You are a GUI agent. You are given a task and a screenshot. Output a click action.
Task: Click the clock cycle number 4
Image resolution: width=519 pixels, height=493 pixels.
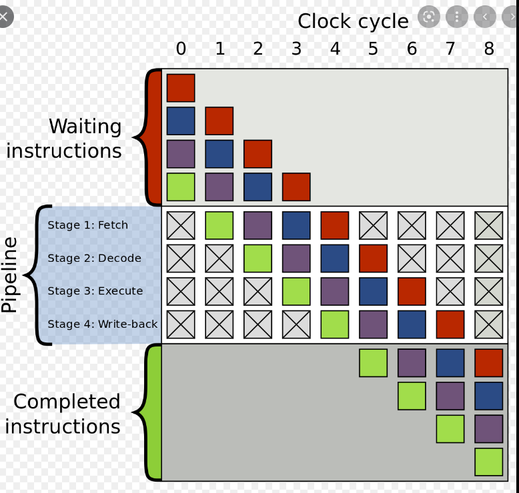[335, 49]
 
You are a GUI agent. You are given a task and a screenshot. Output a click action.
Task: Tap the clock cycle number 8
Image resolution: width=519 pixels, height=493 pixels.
[489, 49]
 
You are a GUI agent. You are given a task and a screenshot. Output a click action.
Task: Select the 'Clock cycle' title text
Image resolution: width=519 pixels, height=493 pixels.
[353, 21]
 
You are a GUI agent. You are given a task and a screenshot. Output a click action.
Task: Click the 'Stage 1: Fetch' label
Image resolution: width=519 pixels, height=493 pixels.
[87, 225]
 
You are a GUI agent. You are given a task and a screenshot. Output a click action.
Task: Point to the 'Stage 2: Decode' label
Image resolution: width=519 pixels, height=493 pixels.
[94, 258]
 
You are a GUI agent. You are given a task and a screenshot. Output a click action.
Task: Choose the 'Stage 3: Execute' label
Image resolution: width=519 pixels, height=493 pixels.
[95, 290]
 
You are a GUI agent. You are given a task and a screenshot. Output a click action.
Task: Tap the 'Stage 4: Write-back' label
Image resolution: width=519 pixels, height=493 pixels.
[102, 324]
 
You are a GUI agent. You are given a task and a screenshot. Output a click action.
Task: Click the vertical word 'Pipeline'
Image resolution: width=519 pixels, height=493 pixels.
[10, 274]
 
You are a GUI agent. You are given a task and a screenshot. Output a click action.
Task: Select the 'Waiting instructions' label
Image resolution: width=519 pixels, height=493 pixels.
[65, 139]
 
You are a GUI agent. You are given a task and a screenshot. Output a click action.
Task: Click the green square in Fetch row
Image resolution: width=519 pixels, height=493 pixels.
[219, 225]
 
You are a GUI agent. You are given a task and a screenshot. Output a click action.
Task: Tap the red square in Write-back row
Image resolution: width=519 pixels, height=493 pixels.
[450, 324]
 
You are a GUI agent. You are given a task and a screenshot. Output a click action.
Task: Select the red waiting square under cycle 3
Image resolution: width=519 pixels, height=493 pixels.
[296, 187]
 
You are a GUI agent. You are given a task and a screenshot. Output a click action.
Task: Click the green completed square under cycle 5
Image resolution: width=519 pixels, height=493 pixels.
[373, 363]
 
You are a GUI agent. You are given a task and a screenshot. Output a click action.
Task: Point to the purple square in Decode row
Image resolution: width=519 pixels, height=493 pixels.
[296, 258]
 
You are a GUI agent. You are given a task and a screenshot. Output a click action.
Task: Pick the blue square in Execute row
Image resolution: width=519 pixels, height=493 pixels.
[373, 290]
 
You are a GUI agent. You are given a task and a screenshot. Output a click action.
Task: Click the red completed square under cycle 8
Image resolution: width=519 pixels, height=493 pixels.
[489, 363]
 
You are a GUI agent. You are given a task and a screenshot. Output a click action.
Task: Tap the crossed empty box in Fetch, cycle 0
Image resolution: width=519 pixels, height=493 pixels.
[181, 225]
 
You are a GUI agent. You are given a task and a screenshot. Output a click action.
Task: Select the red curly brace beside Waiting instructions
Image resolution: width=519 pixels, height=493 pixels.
[151, 137]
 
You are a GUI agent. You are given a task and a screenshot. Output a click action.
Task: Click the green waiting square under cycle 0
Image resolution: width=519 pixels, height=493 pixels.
[181, 187]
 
